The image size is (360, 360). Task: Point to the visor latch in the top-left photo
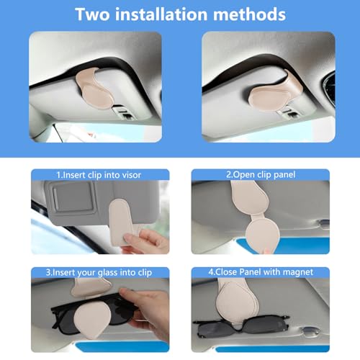pos(124,113)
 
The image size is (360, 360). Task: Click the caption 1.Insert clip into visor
pos(100,174)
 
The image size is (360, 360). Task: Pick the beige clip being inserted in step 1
pos(125,219)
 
